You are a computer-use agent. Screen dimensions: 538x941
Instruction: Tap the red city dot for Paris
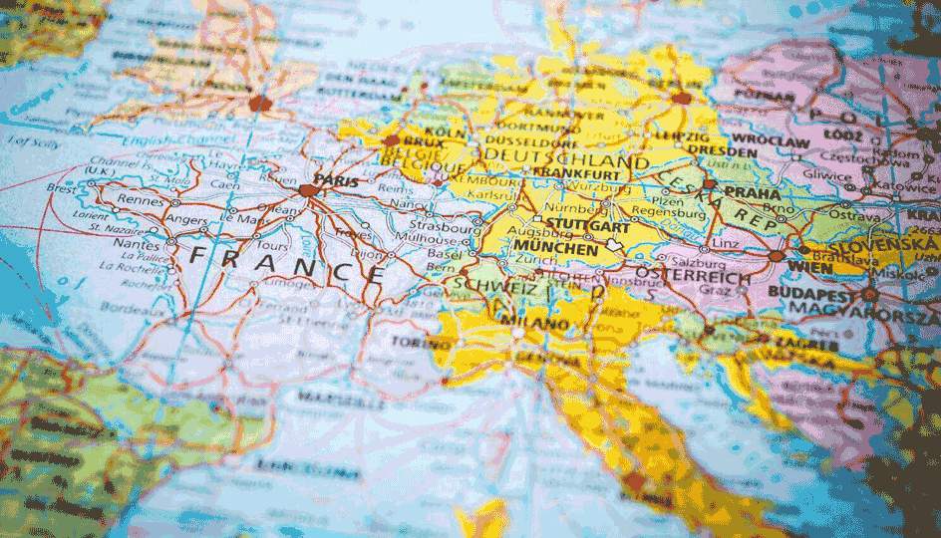pyautogui.click(x=308, y=188)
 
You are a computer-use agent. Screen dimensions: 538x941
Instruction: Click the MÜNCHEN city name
pyautogui.click(x=557, y=248)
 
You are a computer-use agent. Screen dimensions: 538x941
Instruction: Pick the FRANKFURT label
pyautogui.click(x=571, y=170)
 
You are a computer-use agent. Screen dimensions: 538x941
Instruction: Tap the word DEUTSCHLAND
pyautogui.click(x=564, y=159)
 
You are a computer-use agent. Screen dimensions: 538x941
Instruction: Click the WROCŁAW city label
pyautogui.click(x=771, y=142)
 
